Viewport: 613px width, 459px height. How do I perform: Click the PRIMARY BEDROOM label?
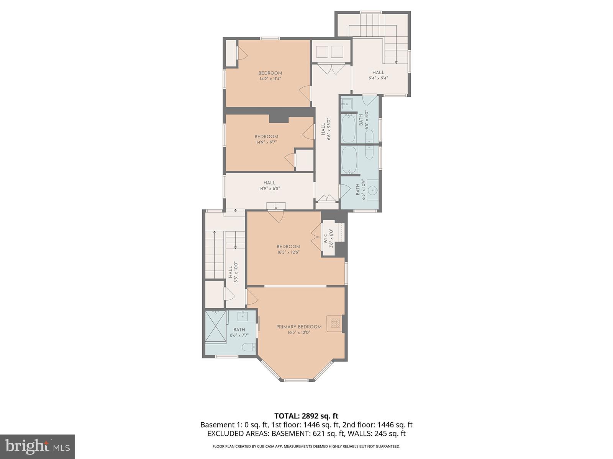pos(299,327)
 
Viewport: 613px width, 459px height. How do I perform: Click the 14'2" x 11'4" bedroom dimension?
pos(270,79)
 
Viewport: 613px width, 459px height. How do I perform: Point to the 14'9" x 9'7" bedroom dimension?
pos(266,142)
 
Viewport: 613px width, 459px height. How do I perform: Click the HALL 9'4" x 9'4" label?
pos(378,75)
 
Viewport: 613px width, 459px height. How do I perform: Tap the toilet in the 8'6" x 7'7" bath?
pos(249,347)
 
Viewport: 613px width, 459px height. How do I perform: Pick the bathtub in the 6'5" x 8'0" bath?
pos(348,128)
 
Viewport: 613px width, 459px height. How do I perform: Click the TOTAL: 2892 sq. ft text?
pos(306,416)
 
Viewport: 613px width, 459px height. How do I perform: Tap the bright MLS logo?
pos(37,446)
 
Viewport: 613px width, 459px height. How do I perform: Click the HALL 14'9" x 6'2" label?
pos(269,186)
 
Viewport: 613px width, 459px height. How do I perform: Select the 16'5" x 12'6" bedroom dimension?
pos(288,252)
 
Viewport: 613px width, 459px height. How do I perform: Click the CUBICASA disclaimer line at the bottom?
pos(306,446)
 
